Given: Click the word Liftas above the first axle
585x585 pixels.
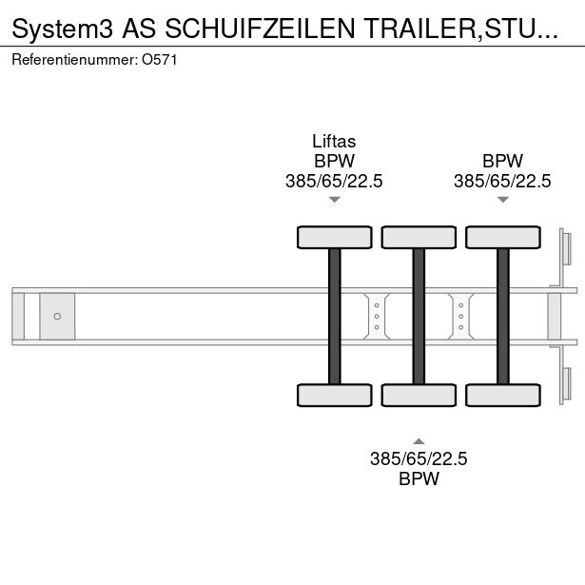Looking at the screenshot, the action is pyautogui.click(x=334, y=142).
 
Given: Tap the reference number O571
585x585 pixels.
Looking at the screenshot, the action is pyautogui.click(x=159, y=60).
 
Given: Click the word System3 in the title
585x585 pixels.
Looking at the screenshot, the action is pyautogui.click(x=63, y=29).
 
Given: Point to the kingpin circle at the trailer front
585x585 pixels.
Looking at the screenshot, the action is pyautogui.click(x=57, y=317).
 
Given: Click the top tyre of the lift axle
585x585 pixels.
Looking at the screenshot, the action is pyautogui.click(x=334, y=237).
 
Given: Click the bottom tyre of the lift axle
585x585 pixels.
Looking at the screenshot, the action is pyautogui.click(x=334, y=395).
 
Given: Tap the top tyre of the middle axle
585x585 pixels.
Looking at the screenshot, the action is pyautogui.click(x=419, y=237).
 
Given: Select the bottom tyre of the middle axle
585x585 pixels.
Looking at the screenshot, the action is pyautogui.click(x=419, y=395).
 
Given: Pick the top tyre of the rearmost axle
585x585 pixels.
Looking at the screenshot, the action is pyautogui.click(x=503, y=237).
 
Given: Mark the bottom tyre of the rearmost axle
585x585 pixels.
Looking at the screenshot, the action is pyautogui.click(x=503, y=395).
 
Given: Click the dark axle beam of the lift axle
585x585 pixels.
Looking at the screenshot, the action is pyautogui.click(x=334, y=317).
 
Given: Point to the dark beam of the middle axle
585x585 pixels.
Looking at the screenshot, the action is pyautogui.click(x=419, y=317).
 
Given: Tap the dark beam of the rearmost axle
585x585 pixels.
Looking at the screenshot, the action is pyautogui.click(x=503, y=317).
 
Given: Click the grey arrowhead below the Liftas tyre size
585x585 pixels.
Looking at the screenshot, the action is pyautogui.click(x=334, y=200).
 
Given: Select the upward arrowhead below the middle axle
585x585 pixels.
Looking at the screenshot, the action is pyautogui.click(x=419, y=441).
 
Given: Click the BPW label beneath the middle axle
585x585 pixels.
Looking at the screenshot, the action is pyautogui.click(x=419, y=478).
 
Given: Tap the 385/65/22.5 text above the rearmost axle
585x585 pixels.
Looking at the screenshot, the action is pyautogui.click(x=502, y=182).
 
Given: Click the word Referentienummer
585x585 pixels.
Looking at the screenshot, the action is pyautogui.click(x=74, y=60).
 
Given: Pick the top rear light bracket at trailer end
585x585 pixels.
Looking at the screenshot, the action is pyautogui.click(x=564, y=258).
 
